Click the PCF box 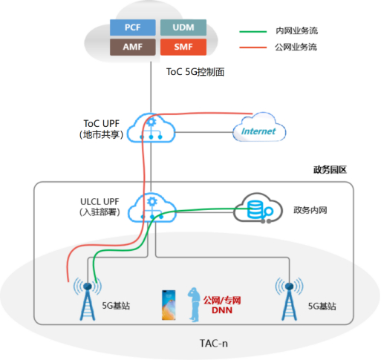[x=131, y=27]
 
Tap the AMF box [x=131, y=47]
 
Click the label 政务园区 [x=330, y=169]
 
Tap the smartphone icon [x=168, y=304]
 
